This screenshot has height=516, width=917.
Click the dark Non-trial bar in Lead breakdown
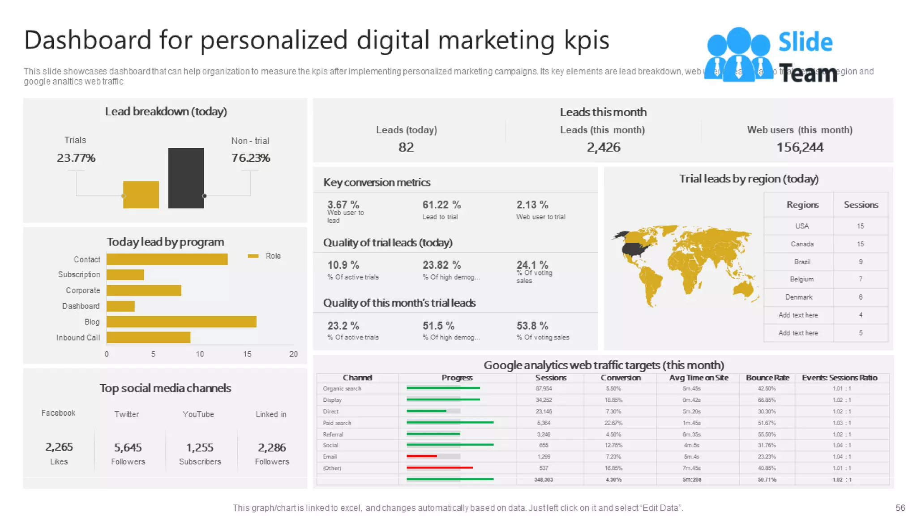[x=186, y=178]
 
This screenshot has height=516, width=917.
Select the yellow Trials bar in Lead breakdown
[x=141, y=194]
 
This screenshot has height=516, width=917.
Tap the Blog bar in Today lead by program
[x=181, y=322]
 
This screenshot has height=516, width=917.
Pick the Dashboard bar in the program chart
[x=120, y=306]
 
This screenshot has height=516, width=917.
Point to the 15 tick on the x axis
[x=247, y=354]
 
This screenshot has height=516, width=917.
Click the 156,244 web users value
[x=800, y=147]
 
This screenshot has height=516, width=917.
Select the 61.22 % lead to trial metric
[x=441, y=205]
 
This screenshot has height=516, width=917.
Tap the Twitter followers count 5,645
[x=128, y=447]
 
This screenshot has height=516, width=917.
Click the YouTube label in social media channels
[x=198, y=414]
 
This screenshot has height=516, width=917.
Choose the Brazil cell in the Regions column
[x=802, y=262]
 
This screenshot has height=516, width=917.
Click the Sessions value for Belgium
[x=860, y=279]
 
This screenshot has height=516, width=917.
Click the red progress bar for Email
[x=422, y=456]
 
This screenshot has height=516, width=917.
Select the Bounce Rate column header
[x=767, y=378]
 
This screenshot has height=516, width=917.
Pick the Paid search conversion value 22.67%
[x=613, y=423]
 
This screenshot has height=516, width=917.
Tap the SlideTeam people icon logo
[x=738, y=55]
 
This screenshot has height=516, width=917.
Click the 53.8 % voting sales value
[x=532, y=326]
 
